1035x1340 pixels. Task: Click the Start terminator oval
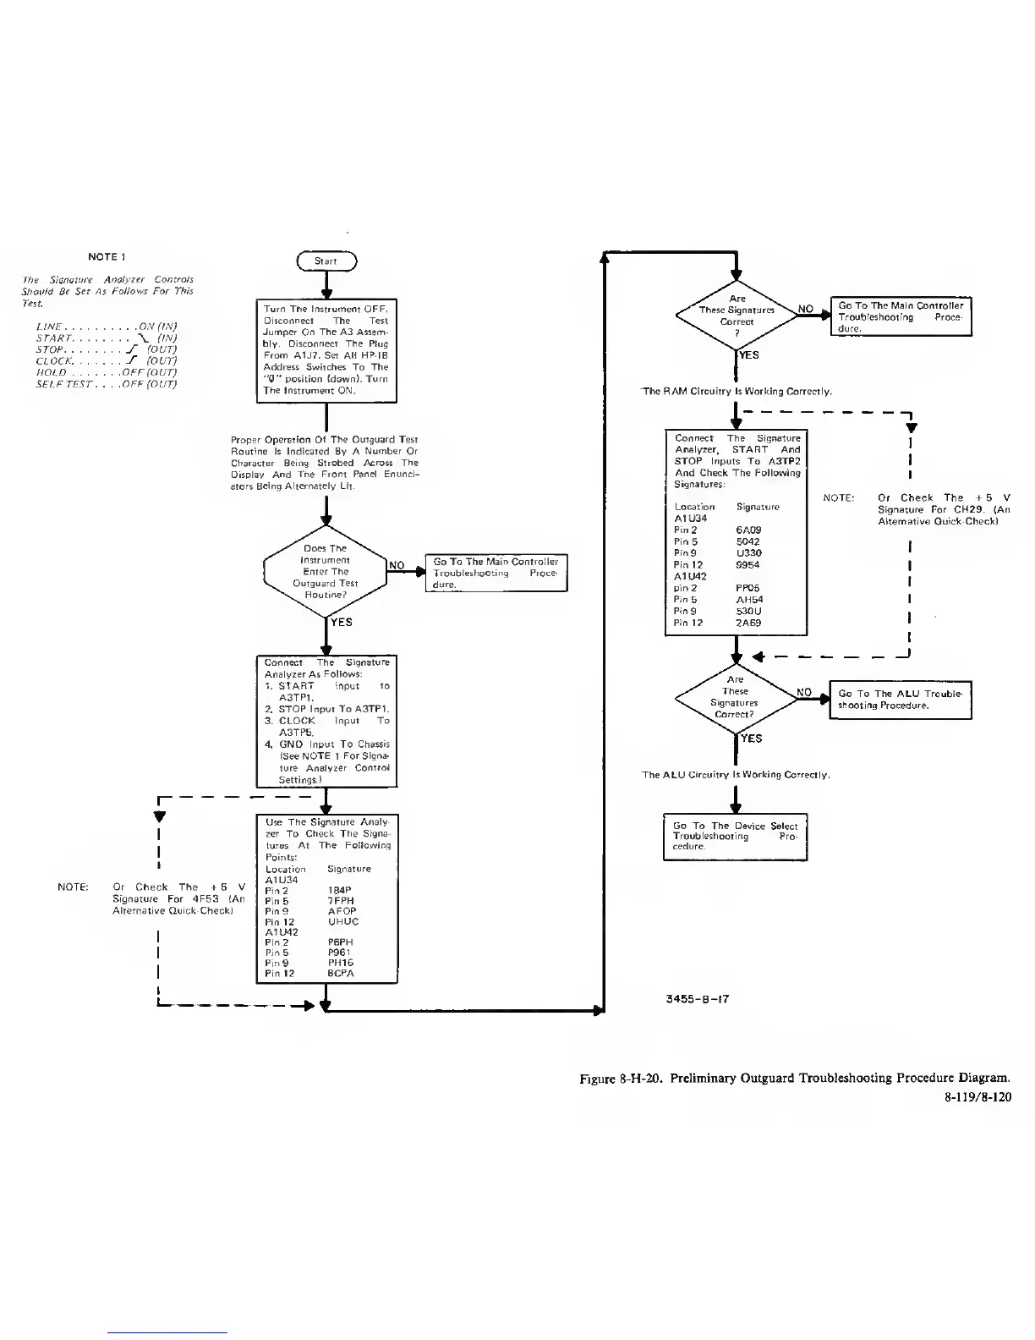click(326, 261)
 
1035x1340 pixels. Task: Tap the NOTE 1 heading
click(107, 256)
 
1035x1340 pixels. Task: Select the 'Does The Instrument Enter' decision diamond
click(326, 572)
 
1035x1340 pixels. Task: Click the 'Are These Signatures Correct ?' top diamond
click(737, 316)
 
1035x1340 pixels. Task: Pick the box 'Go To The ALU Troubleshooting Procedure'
click(900, 700)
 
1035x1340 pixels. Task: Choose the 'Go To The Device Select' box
click(735, 836)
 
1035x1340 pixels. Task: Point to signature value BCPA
click(340, 973)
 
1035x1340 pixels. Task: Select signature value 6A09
click(748, 530)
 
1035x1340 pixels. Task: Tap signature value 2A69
click(748, 623)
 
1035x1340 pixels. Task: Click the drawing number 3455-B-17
click(698, 998)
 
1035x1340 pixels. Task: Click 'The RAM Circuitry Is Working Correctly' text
click(737, 392)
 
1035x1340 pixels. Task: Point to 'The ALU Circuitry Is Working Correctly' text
click(736, 775)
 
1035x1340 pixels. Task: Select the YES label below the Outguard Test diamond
click(342, 622)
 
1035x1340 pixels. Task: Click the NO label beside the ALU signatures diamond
click(804, 692)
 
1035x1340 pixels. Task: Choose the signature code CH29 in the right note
click(961, 510)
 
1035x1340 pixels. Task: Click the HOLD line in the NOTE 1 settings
click(106, 372)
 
